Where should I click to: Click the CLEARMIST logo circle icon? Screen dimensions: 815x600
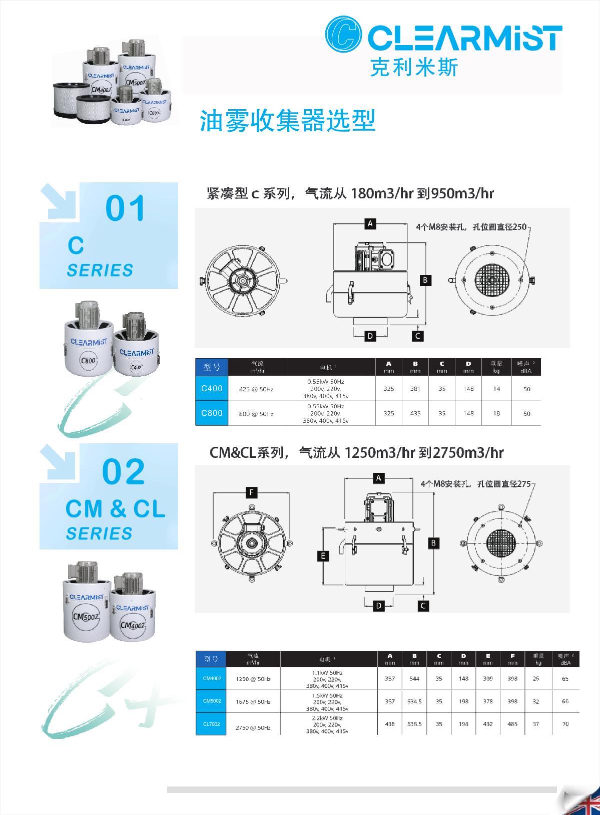click(x=343, y=35)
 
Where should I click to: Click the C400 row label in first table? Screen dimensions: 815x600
click(x=212, y=388)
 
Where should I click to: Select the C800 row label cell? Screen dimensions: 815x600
click(x=212, y=413)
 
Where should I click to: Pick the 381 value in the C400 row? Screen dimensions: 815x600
click(x=415, y=389)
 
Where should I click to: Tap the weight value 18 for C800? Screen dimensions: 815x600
click(x=496, y=414)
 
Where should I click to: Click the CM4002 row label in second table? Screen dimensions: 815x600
click(x=212, y=679)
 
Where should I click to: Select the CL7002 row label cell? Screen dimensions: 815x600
click(x=212, y=724)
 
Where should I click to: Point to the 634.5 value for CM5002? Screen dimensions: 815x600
click(x=414, y=701)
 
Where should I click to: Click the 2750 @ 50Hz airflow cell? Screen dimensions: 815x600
click(x=253, y=727)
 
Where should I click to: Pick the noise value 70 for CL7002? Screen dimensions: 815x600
click(x=565, y=724)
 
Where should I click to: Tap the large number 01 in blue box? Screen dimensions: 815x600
click(x=125, y=209)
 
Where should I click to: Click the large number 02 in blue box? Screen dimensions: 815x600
click(x=124, y=472)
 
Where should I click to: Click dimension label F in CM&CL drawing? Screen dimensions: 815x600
click(x=251, y=493)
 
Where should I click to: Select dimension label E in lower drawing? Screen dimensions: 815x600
click(x=324, y=556)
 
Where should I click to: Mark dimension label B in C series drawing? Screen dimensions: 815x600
click(x=425, y=280)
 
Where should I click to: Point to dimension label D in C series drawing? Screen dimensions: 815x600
click(x=370, y=336)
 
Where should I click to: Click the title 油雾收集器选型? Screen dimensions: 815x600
click(x=288, y=121)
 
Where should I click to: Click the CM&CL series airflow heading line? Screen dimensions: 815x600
click(x=356, y=453)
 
